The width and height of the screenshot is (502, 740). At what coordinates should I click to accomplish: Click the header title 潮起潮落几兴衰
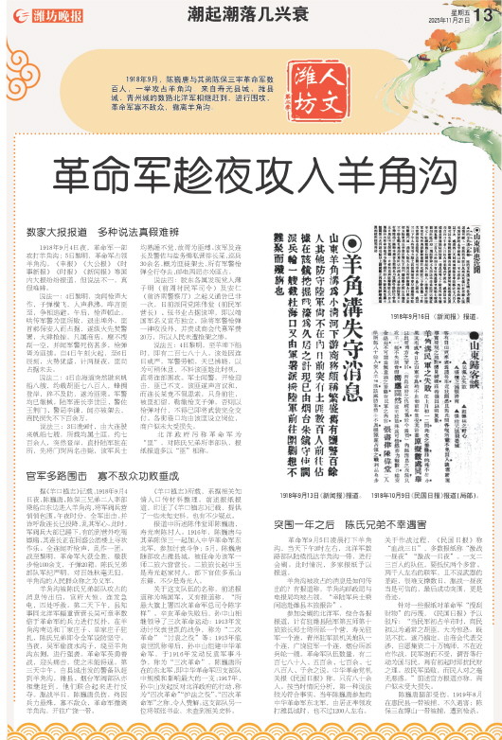click(x=250, y=13)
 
